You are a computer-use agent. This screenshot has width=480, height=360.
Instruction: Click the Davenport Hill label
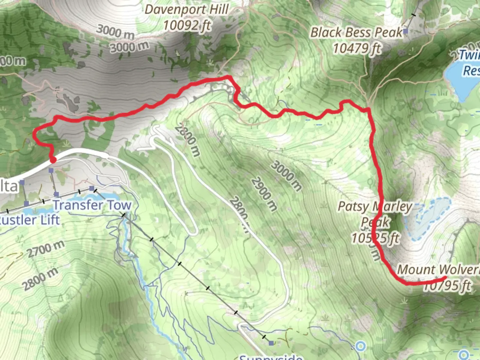pyautogui.click(x=186, y=9)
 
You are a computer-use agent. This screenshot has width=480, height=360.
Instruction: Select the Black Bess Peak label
pyautogui.click(x=356, y=33)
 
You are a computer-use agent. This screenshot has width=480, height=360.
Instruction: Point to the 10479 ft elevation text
pyautogui.click(x=357, y=49)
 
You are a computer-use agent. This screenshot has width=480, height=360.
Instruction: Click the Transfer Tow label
pyautogui.click(x=92, y=205)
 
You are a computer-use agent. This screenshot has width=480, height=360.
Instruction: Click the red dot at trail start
pyautogui.click(x=53, y=161)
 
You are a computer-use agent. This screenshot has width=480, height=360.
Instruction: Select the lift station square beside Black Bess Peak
pyautogui.click(x=405, y=32)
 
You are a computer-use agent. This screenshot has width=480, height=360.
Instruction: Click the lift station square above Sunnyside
pyautogui.click(x=271, y=343)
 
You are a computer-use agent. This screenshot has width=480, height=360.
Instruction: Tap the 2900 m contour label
pyautogui.click(x=264, y=194)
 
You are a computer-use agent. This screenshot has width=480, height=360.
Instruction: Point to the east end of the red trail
pyautogui.click(x=445, y=277)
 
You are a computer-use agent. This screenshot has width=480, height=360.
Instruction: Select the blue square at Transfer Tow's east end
pyautogui.click(x=92, y=189)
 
